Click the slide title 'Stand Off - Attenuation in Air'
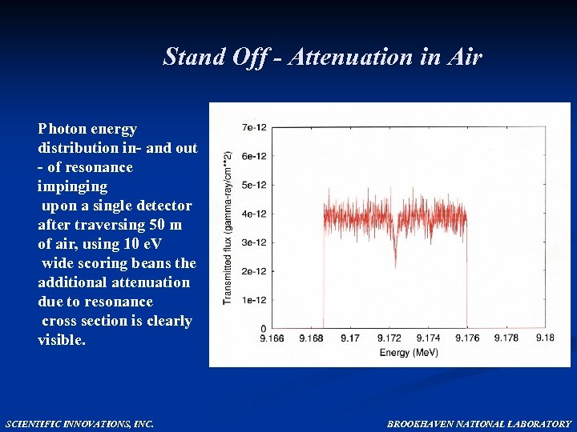pyautogui.click(x=322, y=57)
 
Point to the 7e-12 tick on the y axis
pyautogui.click(x=255, y=126)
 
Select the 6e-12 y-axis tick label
pyautogui.click(x=255, y=155)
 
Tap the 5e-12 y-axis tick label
pyautogui.click(x=255, y=184)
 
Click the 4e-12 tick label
pyautogui.click(x=255, y=214)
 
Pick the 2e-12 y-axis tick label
pyautogui.click(x=255, y=271)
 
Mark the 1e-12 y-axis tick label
pyautogui.click(x=255, y=300)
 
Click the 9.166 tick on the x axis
pyautogui.click(x=272, y=338)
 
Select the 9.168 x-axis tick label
pyautogui.click(x=311, y=338)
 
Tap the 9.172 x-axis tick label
pyautogui.click(x=389, y=338)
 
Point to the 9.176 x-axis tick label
pyautogui.click(x=466, y=338)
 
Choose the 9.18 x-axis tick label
pyautogui.click(x=545, y=338)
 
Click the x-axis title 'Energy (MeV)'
pyautogui.click(x=409, y=352)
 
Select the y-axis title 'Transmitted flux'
pyautogui.click(x=228, y=228)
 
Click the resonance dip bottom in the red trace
pyautogui.click(x=395, y=265)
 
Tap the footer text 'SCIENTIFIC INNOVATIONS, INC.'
pyautogui.click(x=79, y=424)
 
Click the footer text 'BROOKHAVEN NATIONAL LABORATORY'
pyautogui.click(x=479, y=424)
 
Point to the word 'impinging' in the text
pyautogui.click(x=72, y=186)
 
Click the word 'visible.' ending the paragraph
pyautogui.click(x=62, y=340)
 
